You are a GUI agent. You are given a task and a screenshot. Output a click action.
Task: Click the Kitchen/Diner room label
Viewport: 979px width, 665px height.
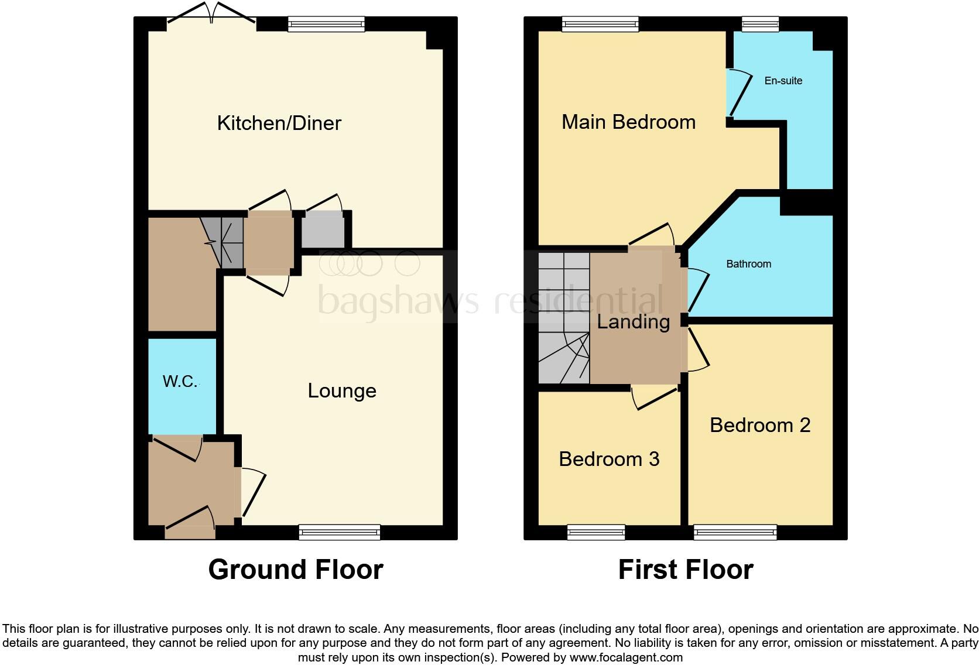(x=279, y=123)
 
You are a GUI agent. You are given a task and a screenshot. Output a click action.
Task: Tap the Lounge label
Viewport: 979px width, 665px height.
(x=342, y=391)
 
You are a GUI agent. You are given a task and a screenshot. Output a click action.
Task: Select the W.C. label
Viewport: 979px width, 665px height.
(x=180, y=382)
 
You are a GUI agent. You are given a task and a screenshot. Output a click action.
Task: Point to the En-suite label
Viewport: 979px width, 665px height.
(x=783, y=81)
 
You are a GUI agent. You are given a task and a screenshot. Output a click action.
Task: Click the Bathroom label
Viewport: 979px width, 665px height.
(x=748, y=264)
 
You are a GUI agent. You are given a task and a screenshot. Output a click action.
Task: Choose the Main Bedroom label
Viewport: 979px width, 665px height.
(x=628, y=122)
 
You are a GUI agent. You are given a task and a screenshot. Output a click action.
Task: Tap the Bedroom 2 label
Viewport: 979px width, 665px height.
(x=759, y=425)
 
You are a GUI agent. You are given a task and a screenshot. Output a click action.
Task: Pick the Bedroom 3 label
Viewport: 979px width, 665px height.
(x=609, y=459)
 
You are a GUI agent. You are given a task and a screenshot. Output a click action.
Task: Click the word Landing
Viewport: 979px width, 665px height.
(x=633, y=322)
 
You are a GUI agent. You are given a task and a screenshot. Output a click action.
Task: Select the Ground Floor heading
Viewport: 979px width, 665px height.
(x=296, y=570)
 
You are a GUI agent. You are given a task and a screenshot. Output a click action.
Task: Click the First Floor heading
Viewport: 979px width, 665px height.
(x=685, y=570)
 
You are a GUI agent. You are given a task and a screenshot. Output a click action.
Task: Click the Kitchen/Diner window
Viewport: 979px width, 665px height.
(x=327, y=24)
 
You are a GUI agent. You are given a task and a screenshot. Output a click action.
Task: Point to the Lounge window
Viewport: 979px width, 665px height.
(x=339, y=532)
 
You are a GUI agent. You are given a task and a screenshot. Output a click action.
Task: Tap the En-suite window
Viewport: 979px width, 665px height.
(x=760, y=24)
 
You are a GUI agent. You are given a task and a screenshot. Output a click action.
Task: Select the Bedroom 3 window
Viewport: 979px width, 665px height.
(x=595, y=532)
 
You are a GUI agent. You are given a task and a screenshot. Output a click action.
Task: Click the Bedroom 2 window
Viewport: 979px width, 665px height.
(x=735, y=532)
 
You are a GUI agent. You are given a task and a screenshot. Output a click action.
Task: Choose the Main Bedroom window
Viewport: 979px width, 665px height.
(x=600, y=24)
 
